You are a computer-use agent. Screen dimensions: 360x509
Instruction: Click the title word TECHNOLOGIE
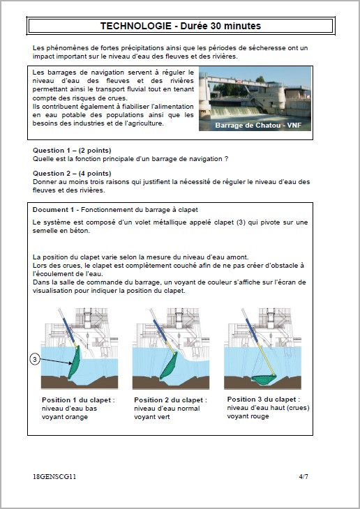136,26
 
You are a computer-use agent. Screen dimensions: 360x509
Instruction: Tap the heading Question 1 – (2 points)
72,151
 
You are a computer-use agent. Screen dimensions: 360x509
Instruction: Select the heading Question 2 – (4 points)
72,174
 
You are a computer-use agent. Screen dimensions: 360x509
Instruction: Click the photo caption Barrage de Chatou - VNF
258,126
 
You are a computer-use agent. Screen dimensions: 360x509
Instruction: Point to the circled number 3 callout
35,359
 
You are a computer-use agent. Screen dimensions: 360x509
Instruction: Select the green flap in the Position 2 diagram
169,366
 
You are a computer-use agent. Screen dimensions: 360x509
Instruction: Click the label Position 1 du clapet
78,400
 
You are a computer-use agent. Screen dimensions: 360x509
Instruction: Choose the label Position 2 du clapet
170,400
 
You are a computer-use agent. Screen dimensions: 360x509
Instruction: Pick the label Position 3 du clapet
264,400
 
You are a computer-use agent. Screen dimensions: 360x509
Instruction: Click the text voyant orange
65,417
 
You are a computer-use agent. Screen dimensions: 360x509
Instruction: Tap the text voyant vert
151,417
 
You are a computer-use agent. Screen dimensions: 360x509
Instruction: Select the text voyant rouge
248,416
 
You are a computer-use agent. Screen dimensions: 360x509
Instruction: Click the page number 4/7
303,476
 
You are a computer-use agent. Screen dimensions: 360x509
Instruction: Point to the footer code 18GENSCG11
54,476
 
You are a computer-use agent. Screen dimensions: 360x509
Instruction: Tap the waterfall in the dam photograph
237,112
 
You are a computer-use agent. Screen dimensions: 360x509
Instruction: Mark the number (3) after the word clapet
241,222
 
